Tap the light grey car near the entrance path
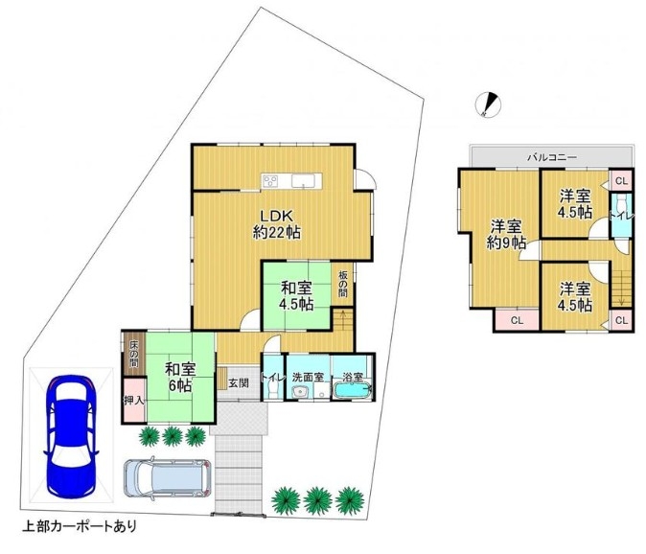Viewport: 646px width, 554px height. (168, 477)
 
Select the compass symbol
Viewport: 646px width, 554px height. (488, 103)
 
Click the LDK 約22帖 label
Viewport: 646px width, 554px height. (276, 224)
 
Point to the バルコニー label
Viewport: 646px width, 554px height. (552, 157)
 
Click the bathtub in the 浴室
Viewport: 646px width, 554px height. (353, 390)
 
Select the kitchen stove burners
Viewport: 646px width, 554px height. (270, 180)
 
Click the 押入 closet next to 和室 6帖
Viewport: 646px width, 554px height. (134, 400)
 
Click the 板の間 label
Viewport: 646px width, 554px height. (343, 285)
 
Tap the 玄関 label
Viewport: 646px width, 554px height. (239, 383)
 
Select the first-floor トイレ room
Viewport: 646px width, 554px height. (273, 377)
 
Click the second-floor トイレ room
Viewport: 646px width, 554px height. (620, 215)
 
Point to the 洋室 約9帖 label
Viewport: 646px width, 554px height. (506, 235)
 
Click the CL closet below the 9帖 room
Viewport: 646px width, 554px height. (517, 319)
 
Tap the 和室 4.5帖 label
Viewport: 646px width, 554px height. (296, 295)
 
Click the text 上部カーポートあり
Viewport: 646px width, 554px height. (80, 526)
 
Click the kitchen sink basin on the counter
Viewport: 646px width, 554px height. (303, 180)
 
